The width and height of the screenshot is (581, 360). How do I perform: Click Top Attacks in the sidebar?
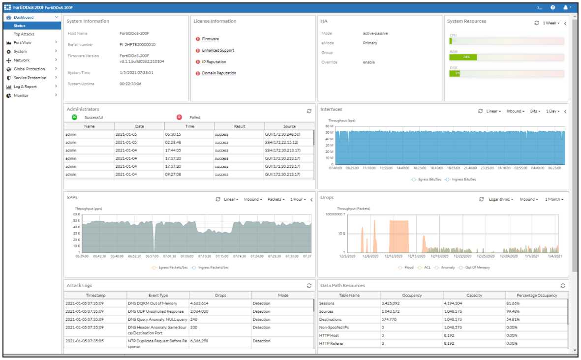click(24, 34)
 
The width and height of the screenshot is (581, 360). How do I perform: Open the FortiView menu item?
click(23, 43)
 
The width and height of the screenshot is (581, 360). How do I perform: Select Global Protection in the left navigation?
click(29, 69)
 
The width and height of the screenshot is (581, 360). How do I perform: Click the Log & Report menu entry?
click(25, 87)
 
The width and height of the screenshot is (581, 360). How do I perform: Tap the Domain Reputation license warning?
click(219, 73)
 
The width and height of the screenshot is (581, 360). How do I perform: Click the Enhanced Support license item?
click(218, 51)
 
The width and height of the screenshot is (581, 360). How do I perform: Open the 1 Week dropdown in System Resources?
click(551, 23)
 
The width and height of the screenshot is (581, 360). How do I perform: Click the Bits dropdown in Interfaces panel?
click(535, 111)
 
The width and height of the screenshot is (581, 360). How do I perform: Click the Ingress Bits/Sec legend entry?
click(460, 180)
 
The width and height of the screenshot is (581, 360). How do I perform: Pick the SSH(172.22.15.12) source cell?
click(282, 142)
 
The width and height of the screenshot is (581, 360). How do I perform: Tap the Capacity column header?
click(474, 295)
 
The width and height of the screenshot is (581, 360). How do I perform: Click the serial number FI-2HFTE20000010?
click(137, 45)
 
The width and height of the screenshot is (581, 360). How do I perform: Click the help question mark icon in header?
click(552, 8)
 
